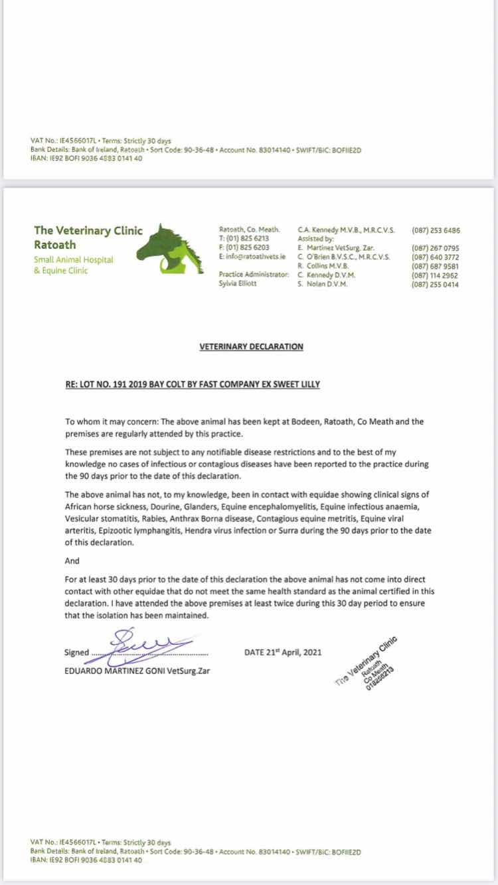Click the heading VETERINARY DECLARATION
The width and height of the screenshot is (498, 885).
tap(251, 346)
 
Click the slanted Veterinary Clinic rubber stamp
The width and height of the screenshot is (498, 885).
tap(367, 663)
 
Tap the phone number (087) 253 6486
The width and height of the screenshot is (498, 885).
tap(436, 231)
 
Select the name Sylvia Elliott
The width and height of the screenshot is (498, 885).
tap(239, 284)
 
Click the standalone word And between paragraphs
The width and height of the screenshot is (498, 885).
tap(72, 561)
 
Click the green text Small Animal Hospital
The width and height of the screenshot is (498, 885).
tap(73, 260)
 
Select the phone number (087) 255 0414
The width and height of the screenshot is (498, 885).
tap(436, 285)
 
